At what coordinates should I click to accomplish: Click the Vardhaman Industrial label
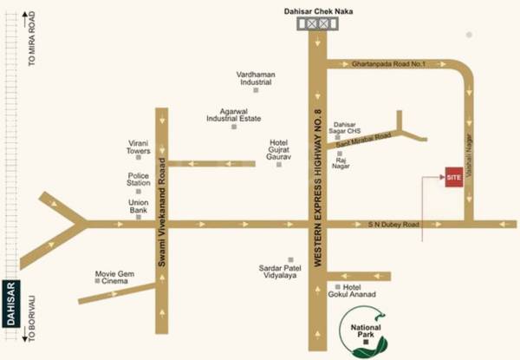[256, 80]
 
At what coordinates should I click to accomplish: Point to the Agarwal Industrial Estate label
[234, 115]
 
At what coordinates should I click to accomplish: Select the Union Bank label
[139, 206]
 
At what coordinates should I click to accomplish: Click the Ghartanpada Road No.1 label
[390, 64]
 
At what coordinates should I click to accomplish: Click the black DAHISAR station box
[11, 304]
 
